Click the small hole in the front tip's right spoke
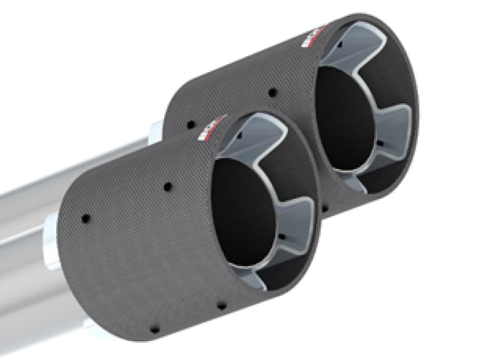tap(279, 236)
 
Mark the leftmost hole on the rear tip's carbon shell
tap(190, 124)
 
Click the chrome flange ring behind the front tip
tap(51, 242)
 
